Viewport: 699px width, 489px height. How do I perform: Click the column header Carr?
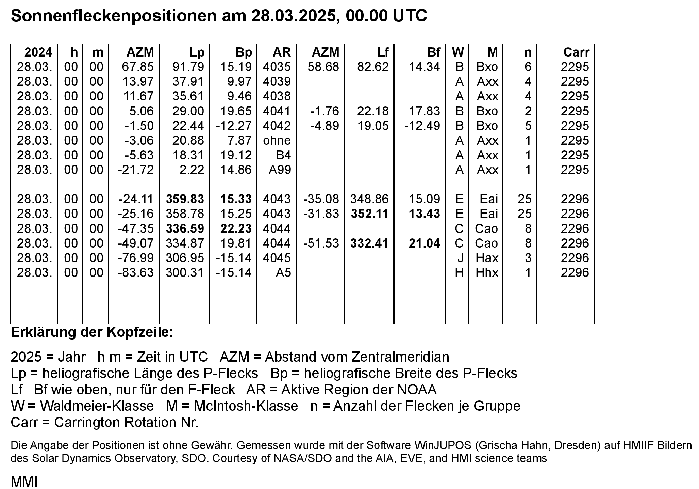(x=576, y=52)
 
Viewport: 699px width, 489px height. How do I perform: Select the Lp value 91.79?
(x=188, y=67)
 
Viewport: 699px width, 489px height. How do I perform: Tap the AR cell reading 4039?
(x=277, y=81)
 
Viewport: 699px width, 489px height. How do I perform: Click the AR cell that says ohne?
(x=277, y=140)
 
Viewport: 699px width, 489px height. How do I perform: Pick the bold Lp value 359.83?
(x=185, y=199)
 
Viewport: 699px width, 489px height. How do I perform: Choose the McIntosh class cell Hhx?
(x=487, y=272)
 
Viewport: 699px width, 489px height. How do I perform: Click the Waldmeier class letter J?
(x=460, y=258)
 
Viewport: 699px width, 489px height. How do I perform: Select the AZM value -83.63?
(x=136, y=272)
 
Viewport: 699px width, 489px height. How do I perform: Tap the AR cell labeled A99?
(x=280, y=170)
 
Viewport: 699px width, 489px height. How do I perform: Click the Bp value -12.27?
(x=234, y=126)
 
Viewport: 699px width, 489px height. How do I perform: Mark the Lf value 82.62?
(x=373, y=67)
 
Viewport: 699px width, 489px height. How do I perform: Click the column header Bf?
(x=433, y=52)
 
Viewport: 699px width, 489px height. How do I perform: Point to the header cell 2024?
(x=38, y=52)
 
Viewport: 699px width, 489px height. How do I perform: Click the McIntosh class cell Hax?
(x=487, y=258)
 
